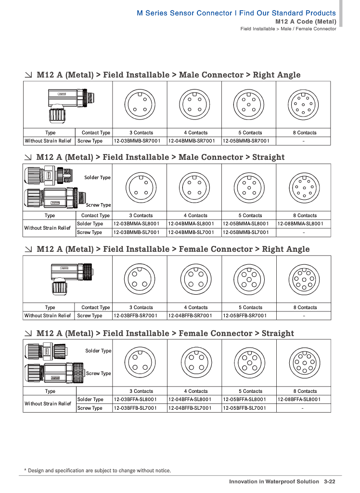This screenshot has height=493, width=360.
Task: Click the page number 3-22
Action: point(329,481)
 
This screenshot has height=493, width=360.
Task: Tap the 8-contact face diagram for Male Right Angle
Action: point(303,104)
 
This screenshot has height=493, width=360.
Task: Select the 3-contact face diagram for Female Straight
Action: point(139,363)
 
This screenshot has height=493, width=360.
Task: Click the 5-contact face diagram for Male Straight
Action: point(248,187)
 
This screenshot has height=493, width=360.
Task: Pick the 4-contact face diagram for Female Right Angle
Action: point(194,279)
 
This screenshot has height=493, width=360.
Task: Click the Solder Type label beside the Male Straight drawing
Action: point(97,178)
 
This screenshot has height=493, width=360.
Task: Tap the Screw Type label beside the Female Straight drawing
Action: point(98,374)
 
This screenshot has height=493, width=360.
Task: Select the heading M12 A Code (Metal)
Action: point(306,22)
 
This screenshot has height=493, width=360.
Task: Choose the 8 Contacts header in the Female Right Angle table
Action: point(305,307)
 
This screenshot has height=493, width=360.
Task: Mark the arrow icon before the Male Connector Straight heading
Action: point(29,157)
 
